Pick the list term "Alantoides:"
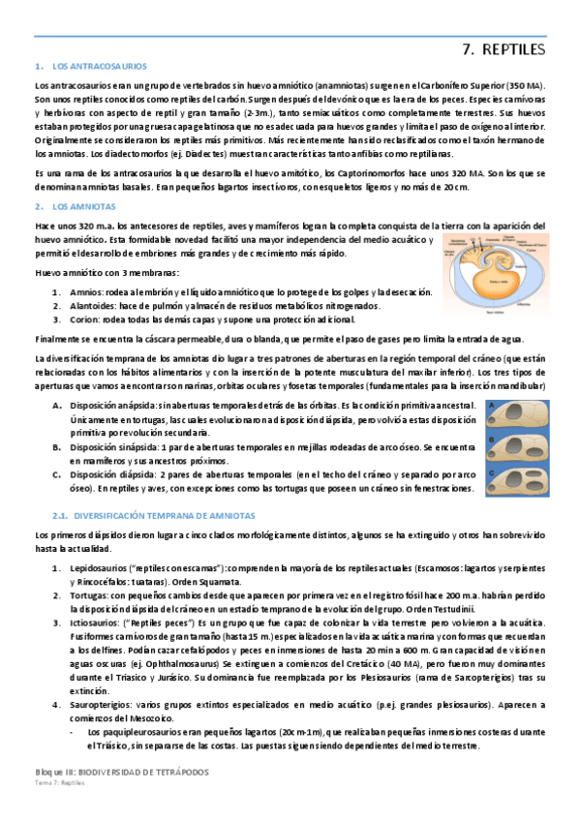point(93,306)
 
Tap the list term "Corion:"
point(86,320)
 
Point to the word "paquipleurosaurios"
point(137,732)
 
